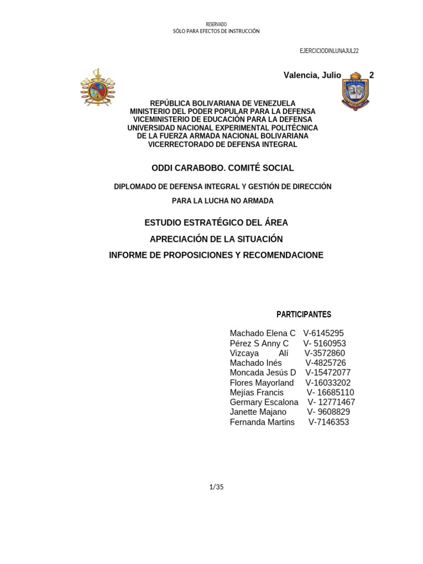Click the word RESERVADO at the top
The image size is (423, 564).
216,24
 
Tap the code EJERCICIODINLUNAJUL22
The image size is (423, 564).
329,51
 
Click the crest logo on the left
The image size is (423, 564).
97,86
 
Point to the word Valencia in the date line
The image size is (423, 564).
300,75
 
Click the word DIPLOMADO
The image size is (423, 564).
135,187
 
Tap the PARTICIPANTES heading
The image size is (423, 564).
303,314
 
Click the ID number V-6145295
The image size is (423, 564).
323,333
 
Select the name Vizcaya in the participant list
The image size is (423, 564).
244,353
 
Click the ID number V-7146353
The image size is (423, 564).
328,422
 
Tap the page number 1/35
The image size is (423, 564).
216,486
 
